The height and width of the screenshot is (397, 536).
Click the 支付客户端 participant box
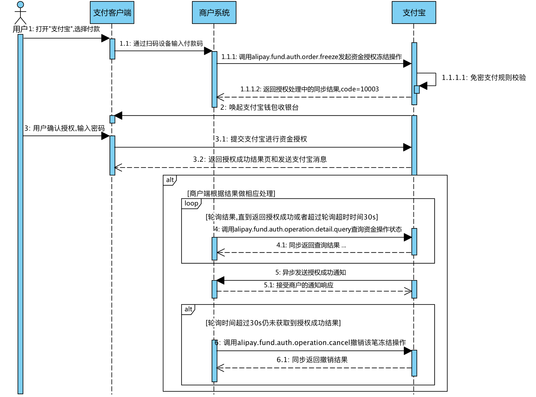click(112, 12)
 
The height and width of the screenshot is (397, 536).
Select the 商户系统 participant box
click(214, 12)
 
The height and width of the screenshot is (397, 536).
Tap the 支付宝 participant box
click(414, 12)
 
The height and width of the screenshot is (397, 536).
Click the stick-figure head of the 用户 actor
click(20, 5)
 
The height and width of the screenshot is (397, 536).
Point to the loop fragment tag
click(191, 203)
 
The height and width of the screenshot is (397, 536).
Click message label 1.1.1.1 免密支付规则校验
click(484, 77)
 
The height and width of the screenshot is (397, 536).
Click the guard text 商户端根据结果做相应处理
click(231, 193)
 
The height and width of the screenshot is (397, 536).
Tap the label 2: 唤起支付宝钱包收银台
click(259, 107)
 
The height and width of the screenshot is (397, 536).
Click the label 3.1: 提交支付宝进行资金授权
click(261, 139)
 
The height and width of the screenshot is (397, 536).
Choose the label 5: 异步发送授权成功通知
click(311, 273)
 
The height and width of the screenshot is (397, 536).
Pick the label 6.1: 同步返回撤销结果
click(312, 360)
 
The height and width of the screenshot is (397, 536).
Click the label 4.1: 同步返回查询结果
click(311, 245)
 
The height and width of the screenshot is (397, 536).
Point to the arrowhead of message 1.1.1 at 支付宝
click(408, 64)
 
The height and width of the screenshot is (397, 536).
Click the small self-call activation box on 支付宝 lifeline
click(417, 89)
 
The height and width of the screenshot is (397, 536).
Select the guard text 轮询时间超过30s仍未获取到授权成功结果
click(273, 323)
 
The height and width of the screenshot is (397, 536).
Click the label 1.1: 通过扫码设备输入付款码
click(161, 43)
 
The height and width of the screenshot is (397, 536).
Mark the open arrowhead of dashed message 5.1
click(408, 291)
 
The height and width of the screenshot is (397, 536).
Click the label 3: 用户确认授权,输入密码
click(64, 128)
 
